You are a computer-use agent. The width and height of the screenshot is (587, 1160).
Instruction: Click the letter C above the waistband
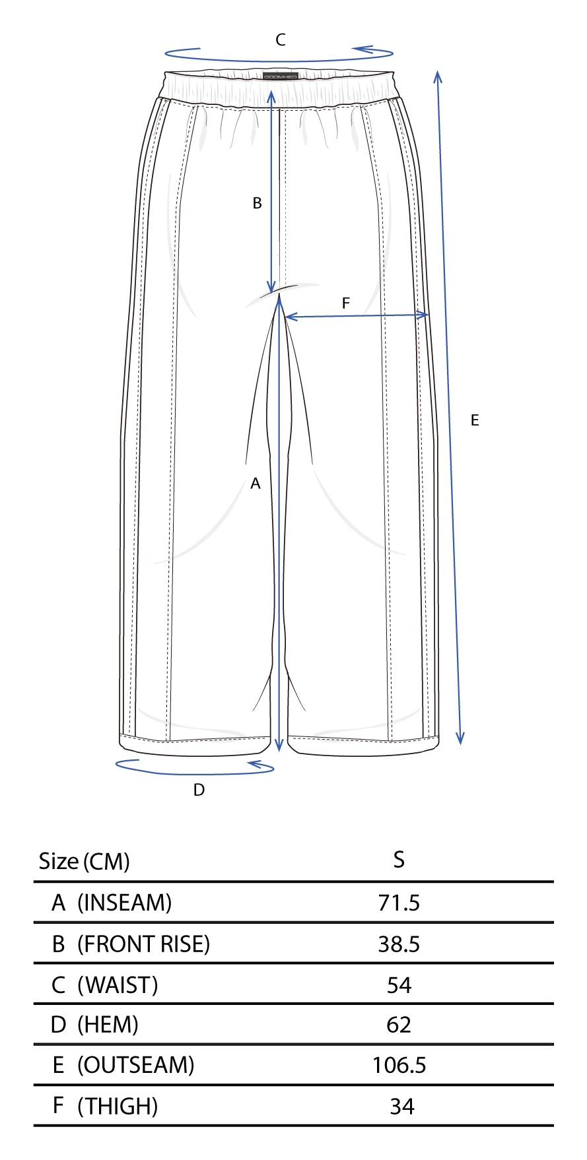(281, 40)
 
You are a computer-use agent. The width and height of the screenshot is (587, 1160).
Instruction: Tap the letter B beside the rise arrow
(258, 203)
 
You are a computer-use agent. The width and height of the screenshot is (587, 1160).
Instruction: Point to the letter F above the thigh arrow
(345, 304)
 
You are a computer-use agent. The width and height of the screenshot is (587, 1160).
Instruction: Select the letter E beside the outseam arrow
(475, 420)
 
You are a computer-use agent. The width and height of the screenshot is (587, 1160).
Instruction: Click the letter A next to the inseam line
(256, 484)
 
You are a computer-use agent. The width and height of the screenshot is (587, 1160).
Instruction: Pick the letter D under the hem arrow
(199, 790)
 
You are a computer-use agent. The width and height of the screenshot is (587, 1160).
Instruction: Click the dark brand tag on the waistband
(281, 77)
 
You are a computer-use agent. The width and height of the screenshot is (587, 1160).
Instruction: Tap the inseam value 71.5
(399, 903)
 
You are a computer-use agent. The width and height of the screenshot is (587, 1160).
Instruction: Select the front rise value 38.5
(399, 944)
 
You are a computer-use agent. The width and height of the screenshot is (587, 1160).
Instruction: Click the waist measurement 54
(399, 985)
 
